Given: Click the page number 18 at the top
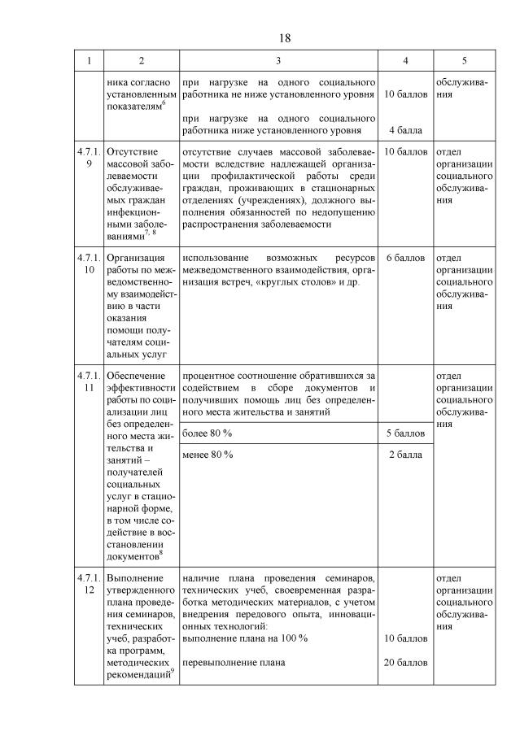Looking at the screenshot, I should pos(285,37).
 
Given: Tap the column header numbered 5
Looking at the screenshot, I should pos(464,60).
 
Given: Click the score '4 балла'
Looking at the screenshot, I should pos(404,129).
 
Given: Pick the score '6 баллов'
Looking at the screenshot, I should pos(404,258).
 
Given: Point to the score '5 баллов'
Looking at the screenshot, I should pos(404,433).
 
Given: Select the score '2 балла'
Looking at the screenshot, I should pos(404,454).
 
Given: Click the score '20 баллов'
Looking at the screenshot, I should pos(404,663).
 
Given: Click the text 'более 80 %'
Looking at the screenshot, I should pos(208,433).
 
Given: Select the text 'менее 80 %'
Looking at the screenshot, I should pos(208,454).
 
